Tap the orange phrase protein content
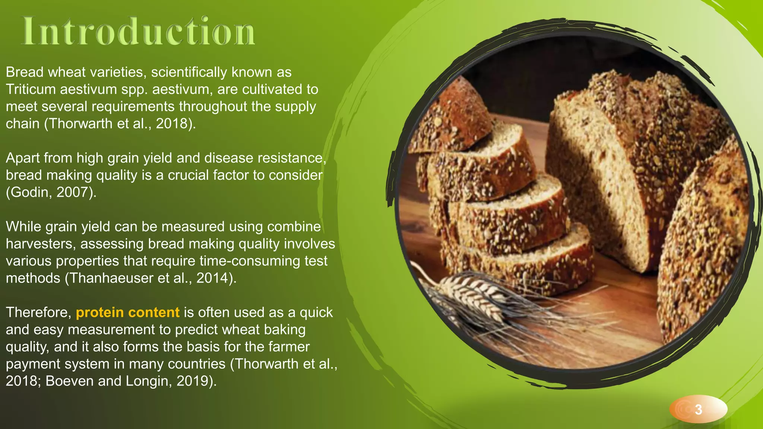point(127,312)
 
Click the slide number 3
point(698,409)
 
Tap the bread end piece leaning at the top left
point(451,119)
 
